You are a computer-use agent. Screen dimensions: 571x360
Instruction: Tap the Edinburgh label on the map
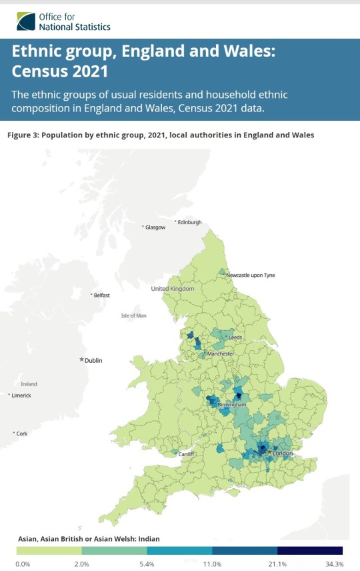click(189, 222)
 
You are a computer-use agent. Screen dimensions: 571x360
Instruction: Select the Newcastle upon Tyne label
click(250, 275)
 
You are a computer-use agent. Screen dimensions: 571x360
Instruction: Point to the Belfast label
click(101, 295)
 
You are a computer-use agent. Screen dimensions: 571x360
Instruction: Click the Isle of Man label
click(133, 316)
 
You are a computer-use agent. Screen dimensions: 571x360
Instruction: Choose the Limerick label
click(21, 396)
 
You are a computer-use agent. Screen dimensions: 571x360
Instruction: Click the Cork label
click(22, 434)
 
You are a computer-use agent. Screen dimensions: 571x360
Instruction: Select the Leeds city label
click(235, 338)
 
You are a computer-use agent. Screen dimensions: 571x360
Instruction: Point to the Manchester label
click(220, 354)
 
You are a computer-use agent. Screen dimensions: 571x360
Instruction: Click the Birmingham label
click(232, 405)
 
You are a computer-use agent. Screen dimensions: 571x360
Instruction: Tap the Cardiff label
click(186, 454)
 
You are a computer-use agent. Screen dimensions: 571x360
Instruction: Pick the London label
click(283, 454)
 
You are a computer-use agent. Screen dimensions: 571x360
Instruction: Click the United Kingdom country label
click(173, 289)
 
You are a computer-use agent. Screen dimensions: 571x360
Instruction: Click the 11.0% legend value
click(212, 564)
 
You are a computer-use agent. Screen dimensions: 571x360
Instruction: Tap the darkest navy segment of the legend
click(310, 551)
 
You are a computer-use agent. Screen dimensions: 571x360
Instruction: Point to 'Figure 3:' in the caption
click(23, 135)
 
